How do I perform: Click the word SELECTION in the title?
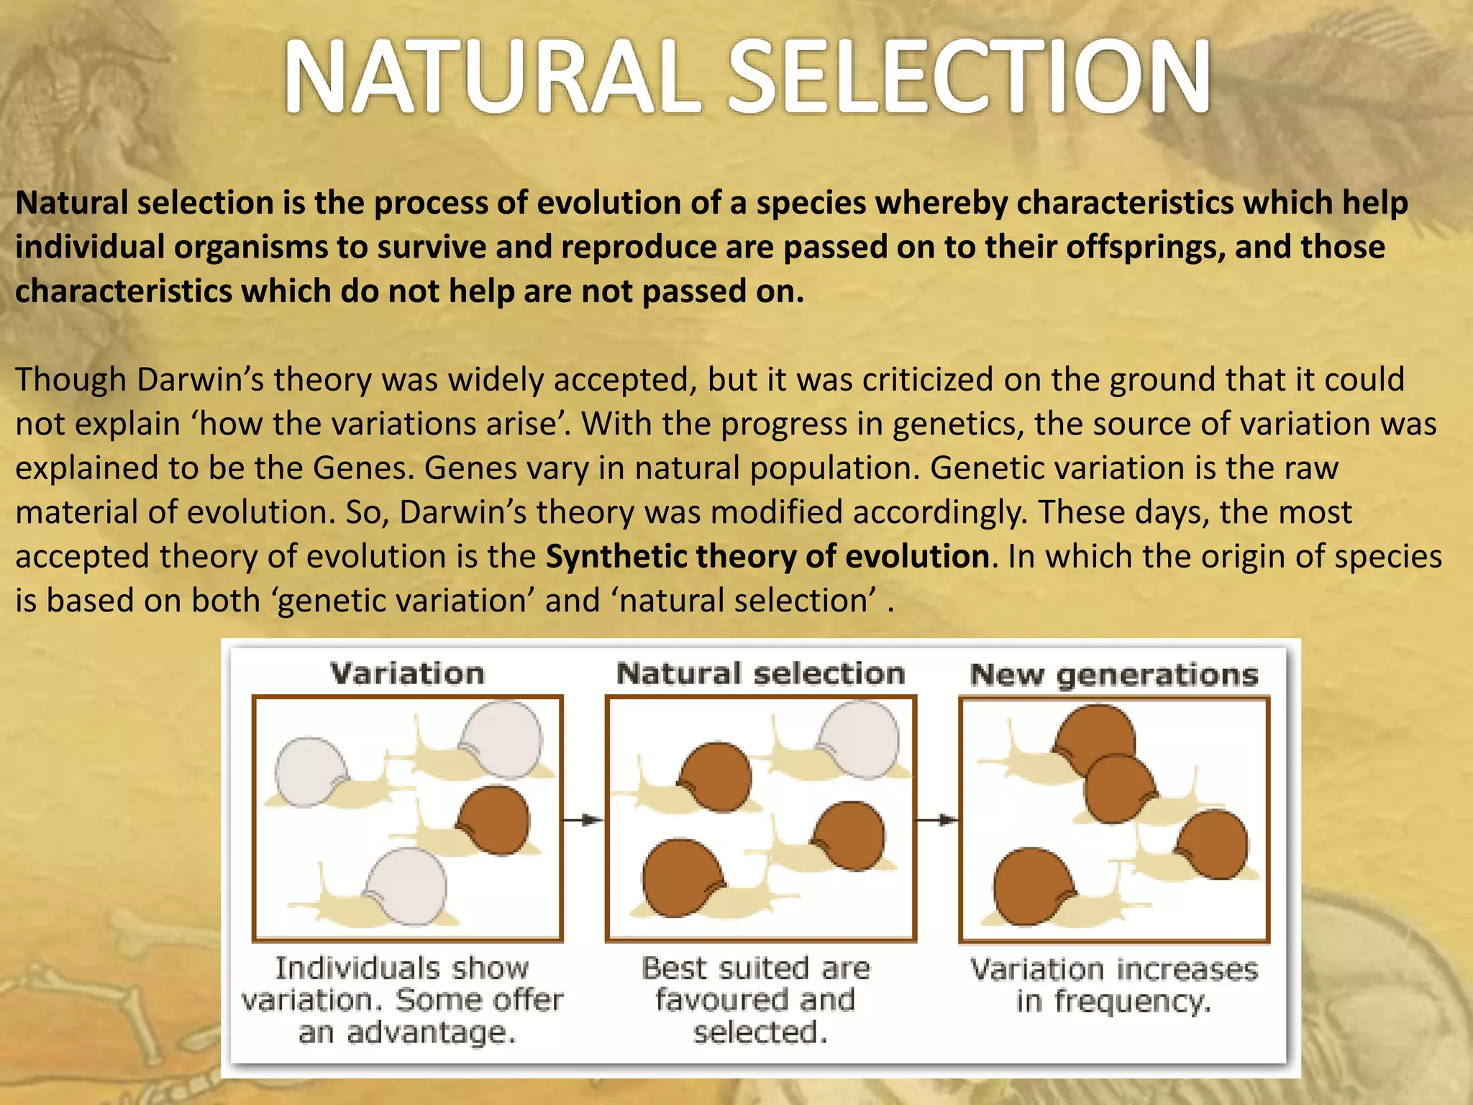point(971,78)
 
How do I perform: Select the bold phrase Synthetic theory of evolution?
point(767,557)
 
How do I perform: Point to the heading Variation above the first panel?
point(407,674)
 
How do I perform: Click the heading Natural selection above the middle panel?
point(760,674)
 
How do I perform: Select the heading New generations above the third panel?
point(1113,676)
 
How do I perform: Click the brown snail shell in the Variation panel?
point(496,820)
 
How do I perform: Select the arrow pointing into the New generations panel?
point(937,819)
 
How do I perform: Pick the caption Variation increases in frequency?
point(1113,985)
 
